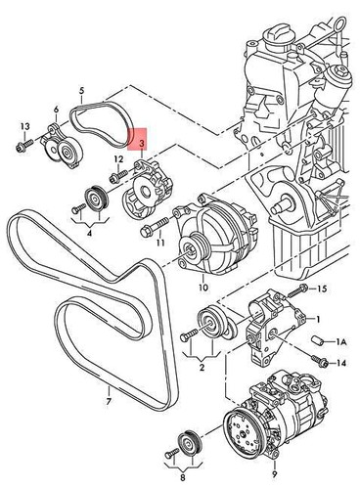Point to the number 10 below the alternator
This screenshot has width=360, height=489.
(202, 289)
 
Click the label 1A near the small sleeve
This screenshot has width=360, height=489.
(341, 342)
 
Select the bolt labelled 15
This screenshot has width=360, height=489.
(304, 289)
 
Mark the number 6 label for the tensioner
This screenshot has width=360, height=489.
(57, 110)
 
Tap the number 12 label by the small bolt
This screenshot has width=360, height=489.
(118, 158)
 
